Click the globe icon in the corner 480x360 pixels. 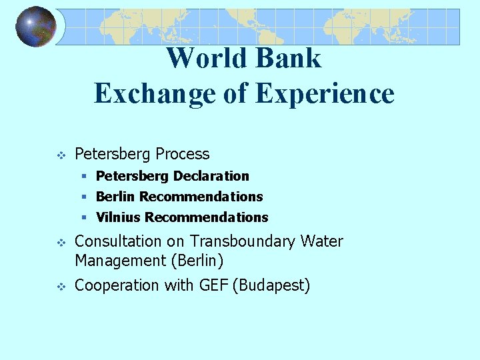35,27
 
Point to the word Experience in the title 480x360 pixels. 325,93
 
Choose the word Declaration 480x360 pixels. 211,176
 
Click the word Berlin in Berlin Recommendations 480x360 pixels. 116,197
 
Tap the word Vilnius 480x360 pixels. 119,217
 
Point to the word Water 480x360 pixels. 323,241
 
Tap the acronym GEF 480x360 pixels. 213,285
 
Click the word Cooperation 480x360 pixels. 117,285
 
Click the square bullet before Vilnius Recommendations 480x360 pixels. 85,217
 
